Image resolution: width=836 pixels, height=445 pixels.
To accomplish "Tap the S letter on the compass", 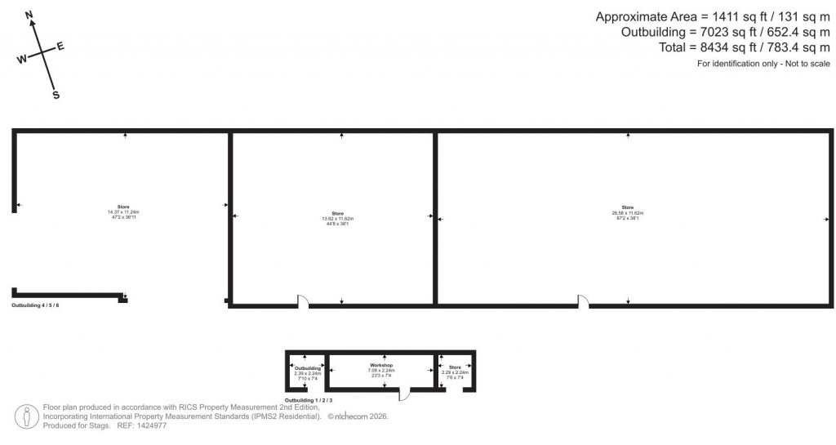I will pyautogui.click(x=56, y=95).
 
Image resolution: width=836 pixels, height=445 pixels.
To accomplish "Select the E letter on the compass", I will pyautogui.click(x=60, y=46).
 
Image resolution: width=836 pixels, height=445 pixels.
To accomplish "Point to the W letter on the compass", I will pyautogui.click(x=21, y=59).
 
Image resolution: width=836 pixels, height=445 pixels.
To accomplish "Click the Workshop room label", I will pyautogui.click(x=381, y=364).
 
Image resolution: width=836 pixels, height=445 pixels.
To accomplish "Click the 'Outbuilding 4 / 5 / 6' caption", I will pyautogui.click(x=35, y=305).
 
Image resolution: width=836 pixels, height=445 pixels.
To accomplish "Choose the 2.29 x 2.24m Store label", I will pyautogui.click(x=455, y=367).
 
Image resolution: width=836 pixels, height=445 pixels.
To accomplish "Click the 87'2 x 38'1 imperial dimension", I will pyautogui.click(x=627, y=218).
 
